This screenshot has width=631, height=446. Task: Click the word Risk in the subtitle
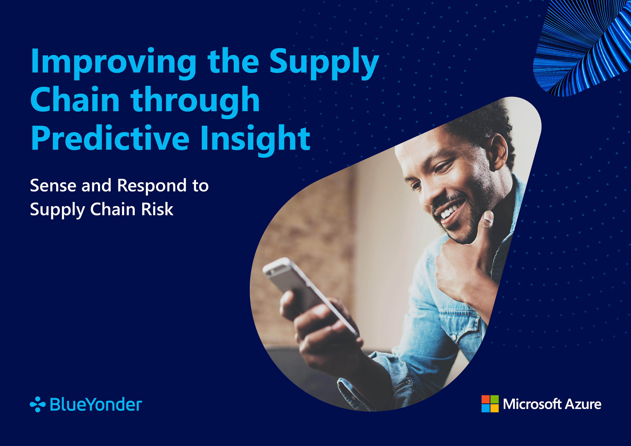coord(157,209)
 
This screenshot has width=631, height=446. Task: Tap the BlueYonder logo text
coord(96,404)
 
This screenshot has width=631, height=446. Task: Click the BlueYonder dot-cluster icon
coord(38,404)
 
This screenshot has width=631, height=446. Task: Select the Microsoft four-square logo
coord(490,404)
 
